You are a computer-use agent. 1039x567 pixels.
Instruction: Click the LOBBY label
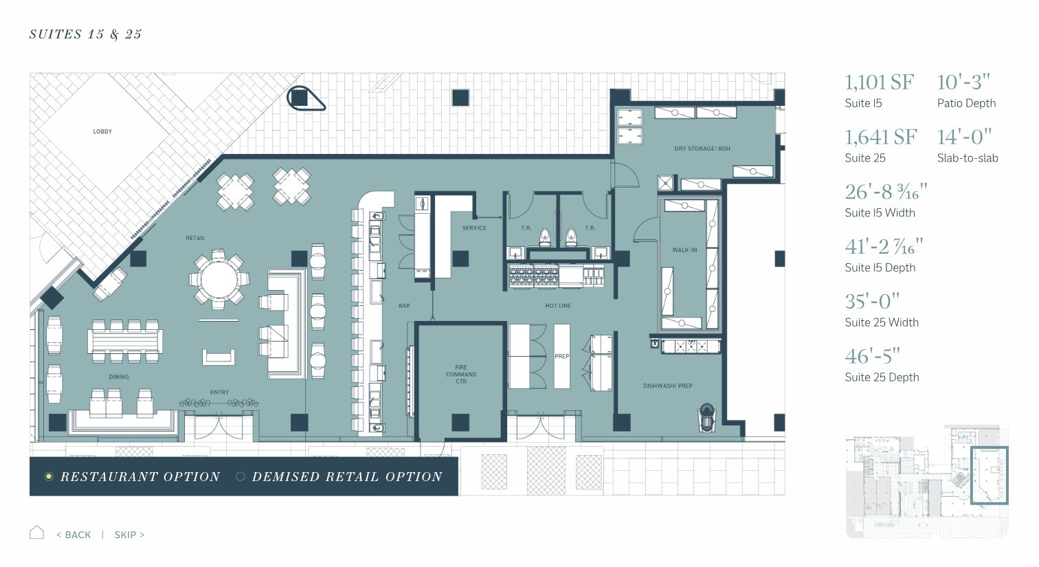102,132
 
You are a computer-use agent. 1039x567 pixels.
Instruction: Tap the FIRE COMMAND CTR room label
461,375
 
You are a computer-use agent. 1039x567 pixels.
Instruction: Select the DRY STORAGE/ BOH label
702,148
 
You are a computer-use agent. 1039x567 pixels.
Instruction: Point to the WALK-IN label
684,250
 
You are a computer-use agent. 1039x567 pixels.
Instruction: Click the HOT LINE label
558,306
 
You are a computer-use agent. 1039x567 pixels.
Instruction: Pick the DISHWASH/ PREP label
668,386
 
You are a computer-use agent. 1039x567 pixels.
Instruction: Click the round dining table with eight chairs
219,280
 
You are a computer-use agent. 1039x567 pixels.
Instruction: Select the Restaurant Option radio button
49,476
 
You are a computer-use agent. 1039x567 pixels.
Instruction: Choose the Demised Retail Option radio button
241,476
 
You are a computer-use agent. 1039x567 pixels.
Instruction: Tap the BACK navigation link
74,535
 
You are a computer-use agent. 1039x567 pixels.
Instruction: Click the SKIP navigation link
129,535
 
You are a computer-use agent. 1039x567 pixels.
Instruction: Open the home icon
36,533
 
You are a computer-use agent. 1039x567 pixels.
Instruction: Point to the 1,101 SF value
879,82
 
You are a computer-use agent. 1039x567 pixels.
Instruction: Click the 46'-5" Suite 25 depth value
872,356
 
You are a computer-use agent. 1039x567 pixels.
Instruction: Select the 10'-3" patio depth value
963,82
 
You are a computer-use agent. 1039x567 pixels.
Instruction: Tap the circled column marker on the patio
305,98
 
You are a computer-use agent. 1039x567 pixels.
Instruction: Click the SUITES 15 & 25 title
85,34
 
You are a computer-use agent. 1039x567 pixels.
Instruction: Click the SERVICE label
474,228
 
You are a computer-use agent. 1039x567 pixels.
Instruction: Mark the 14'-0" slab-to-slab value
964,137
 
